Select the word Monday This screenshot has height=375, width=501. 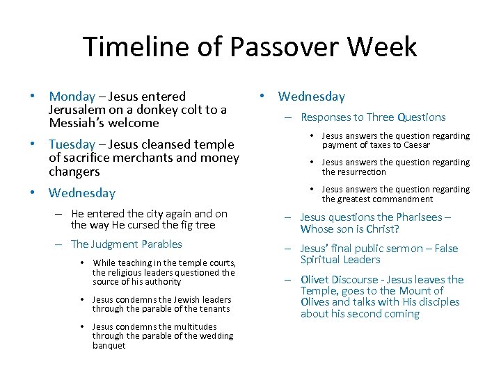72,97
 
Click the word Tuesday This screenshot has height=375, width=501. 72,144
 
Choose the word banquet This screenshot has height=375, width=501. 109,345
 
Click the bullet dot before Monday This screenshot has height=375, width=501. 33,97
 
